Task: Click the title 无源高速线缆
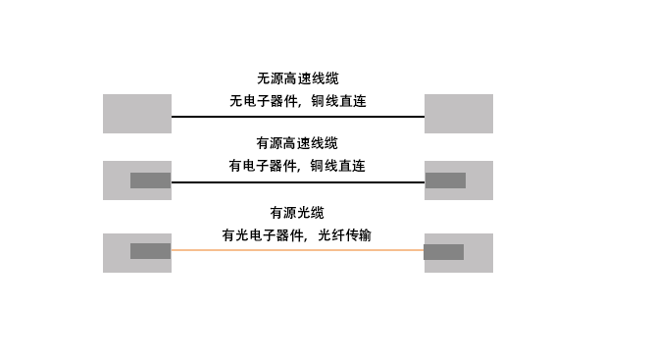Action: (297, 78)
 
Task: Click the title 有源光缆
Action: (297, 212)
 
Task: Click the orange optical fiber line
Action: (297, 250)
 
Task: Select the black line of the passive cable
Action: (297, 117)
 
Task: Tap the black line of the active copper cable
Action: (297, 182)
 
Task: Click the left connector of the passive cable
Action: (137, 114)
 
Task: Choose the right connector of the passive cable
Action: (458, 114)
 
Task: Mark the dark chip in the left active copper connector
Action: (150, 180)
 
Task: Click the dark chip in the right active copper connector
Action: (444, 180)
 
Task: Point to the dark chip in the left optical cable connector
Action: (150, 251)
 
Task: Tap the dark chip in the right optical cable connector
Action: (443, 251)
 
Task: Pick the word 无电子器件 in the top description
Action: (258, 101)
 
